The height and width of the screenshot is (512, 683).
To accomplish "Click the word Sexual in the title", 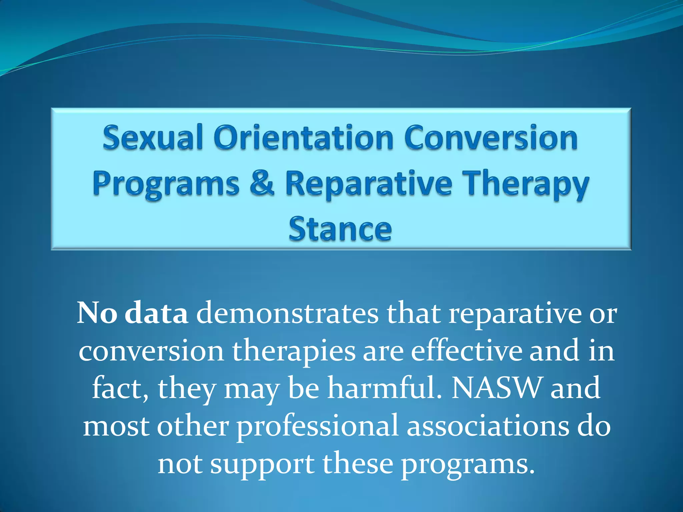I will (x=153, y=138).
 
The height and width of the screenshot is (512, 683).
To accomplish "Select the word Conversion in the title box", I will (x=491, y=138).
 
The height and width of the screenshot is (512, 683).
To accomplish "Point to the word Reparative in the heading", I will (x=369, y=184).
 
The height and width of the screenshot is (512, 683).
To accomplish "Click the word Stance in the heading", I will (x=340, y=229).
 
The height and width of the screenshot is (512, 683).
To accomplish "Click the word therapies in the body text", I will (x=293, y=351).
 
